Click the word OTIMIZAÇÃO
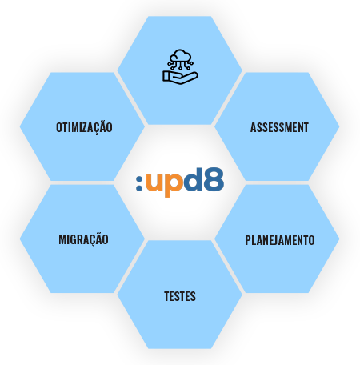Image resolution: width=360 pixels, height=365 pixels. (84, 127)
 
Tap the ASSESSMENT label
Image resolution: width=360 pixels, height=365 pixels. (279, 127)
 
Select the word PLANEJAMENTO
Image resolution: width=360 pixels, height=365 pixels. (280, 240)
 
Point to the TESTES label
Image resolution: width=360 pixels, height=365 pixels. (180, 296)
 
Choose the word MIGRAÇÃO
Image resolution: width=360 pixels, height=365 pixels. (83, 239)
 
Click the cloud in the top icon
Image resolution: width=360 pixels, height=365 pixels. (181, 56)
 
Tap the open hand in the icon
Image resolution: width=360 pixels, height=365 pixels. (180, 78)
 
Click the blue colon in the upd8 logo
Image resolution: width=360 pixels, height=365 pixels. (139, 182)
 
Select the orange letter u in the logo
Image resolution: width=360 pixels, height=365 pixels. (154, 182)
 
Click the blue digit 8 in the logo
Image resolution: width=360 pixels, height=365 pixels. (214, 179)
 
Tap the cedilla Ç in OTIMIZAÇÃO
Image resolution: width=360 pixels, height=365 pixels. (96, 129)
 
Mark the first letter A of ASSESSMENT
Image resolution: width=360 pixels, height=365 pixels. (254, 127)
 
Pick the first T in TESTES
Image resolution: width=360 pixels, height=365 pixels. (166, 296)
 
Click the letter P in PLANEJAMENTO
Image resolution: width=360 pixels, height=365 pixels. (248, 240)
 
